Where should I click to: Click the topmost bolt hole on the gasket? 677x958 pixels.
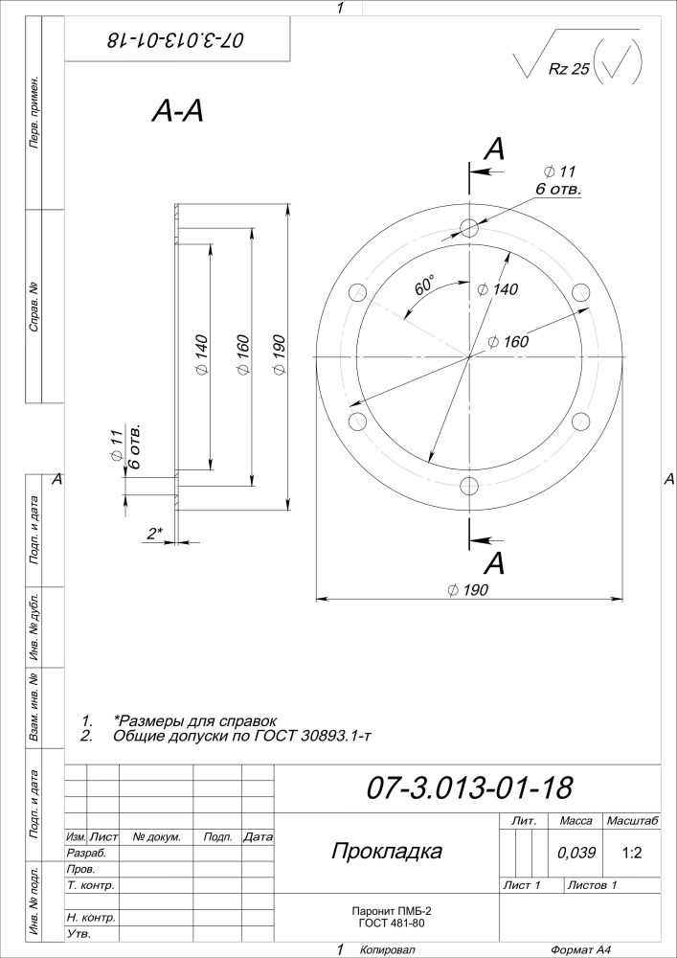coord(469,228)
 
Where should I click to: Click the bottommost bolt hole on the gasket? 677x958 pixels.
coord(469,486)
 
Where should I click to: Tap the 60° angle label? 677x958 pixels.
coord(424,285)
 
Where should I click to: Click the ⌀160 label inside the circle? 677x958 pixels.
coord(508,342)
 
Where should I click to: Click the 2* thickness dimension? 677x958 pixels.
coord(154,534)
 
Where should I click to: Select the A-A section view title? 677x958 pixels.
coord(178,112)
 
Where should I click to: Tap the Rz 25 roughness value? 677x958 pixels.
coord(569,69)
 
